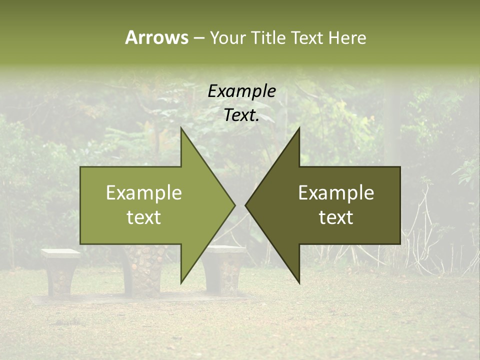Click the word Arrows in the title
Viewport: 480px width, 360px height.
click(x=156, y=37)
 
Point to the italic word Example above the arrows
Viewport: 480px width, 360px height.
click(x=241, y=91)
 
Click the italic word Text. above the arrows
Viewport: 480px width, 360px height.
click(x=241, y=115)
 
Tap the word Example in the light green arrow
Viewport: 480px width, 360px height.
click(x=144, y=193)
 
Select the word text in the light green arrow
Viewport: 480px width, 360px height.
click(x=144, y=217)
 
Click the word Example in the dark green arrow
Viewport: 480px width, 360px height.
click(x=336, y=193)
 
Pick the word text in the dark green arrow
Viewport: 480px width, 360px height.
click(x=336, y=217)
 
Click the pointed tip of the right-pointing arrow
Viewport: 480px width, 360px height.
click(x=234, y=205)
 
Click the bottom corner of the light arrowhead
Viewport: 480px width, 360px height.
click(x=181, y=282)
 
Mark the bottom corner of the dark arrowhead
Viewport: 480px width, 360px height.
click(x=299, y=282)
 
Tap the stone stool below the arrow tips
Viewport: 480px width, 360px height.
click(x=225, y=270)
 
